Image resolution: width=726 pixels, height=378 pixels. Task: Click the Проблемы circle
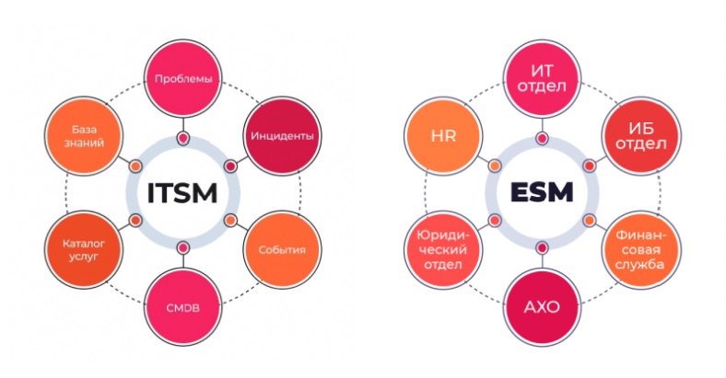pos(183,79)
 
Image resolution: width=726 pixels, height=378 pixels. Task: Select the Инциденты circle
pos(282,136)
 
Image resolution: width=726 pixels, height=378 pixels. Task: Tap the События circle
pos(282,249)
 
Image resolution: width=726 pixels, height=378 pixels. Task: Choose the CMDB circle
pos(183,306)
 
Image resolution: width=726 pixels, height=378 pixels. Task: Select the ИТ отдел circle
pos(542,79)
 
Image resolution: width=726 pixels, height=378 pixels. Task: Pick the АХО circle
pos(542,306)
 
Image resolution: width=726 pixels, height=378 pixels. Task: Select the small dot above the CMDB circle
pos(183,247)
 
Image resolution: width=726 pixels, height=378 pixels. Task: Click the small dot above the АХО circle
pos(542,247)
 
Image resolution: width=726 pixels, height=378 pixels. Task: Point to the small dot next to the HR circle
pos(495,166)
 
